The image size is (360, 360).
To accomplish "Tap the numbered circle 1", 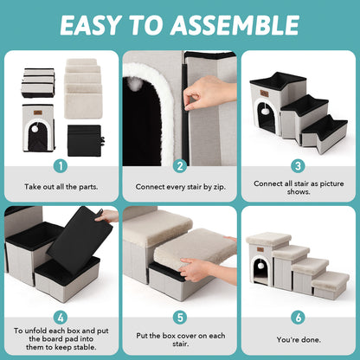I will [61, 165].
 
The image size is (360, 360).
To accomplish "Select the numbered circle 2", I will [180, 165].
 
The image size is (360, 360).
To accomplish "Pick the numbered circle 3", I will [299, 165].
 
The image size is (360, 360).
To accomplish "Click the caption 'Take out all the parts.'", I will [61, 186].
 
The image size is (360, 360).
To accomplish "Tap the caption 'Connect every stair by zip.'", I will [180, 186].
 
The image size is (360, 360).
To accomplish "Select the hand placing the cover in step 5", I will [198, 269].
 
